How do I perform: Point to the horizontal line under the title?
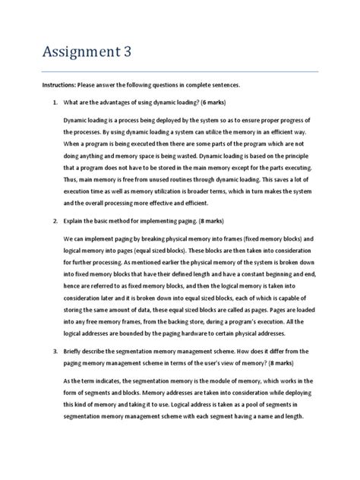(180, 72)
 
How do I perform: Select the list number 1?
(50, 103)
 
